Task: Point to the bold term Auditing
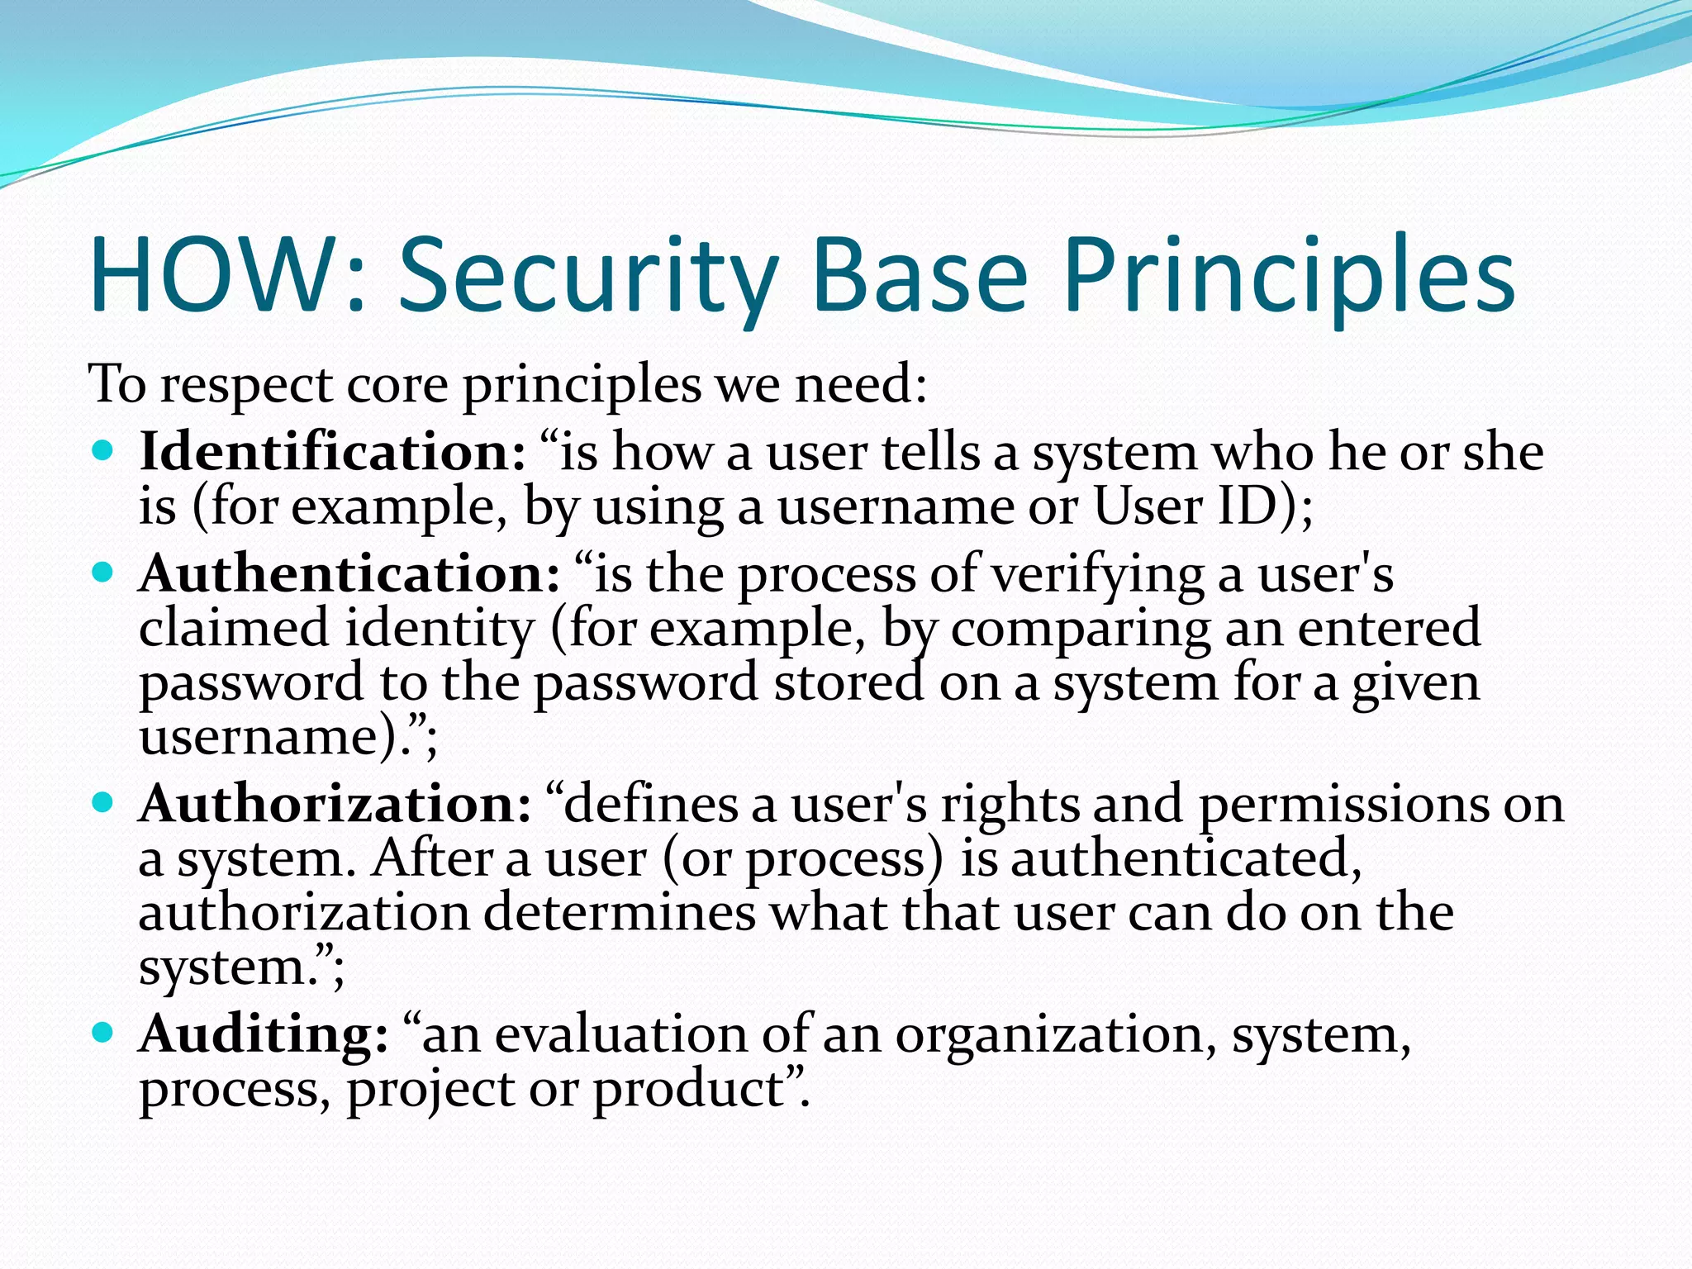pos(263,1034)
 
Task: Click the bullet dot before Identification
pos(102,451)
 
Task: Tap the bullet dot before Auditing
pos(102,1032)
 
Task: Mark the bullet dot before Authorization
pos(102,801)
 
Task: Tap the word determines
pos(620,912)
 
